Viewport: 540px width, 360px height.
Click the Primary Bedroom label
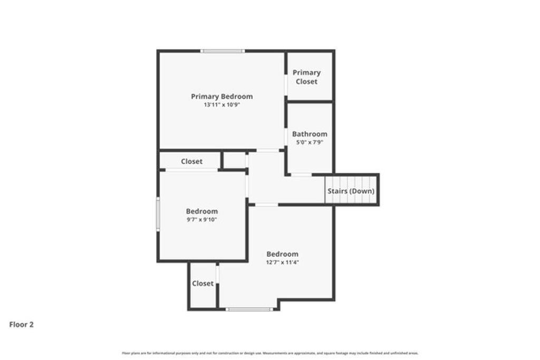click(221, 96)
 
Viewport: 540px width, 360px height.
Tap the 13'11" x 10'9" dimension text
click(221, 105)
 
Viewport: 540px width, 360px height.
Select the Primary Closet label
click(306, 77)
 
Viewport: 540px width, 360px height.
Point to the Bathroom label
click(310, 134)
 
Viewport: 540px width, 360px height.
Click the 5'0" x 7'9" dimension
click(310, 142)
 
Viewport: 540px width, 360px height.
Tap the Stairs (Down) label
click(351, 191)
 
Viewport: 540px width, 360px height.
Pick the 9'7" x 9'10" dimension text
click(201, 220)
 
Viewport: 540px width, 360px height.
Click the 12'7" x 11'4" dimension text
click(282, 262)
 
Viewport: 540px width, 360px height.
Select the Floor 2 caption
click(22, 325)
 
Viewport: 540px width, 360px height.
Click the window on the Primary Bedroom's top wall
click(222, 51)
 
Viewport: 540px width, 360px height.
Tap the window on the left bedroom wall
click(158, 213)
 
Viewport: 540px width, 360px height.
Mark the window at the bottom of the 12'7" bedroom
click(249, 309)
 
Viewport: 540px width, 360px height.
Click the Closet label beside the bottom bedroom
click(202, 284)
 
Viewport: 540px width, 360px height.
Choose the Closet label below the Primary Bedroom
click(191, 161)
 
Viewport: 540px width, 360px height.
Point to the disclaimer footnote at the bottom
click(270, 353)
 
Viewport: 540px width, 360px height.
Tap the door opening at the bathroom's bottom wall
click(301, 174)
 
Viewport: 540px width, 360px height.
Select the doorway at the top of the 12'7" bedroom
click(266, 205)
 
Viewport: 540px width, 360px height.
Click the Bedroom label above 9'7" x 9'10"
click(201, 211)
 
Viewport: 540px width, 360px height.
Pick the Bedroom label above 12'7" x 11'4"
click(282, 254)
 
